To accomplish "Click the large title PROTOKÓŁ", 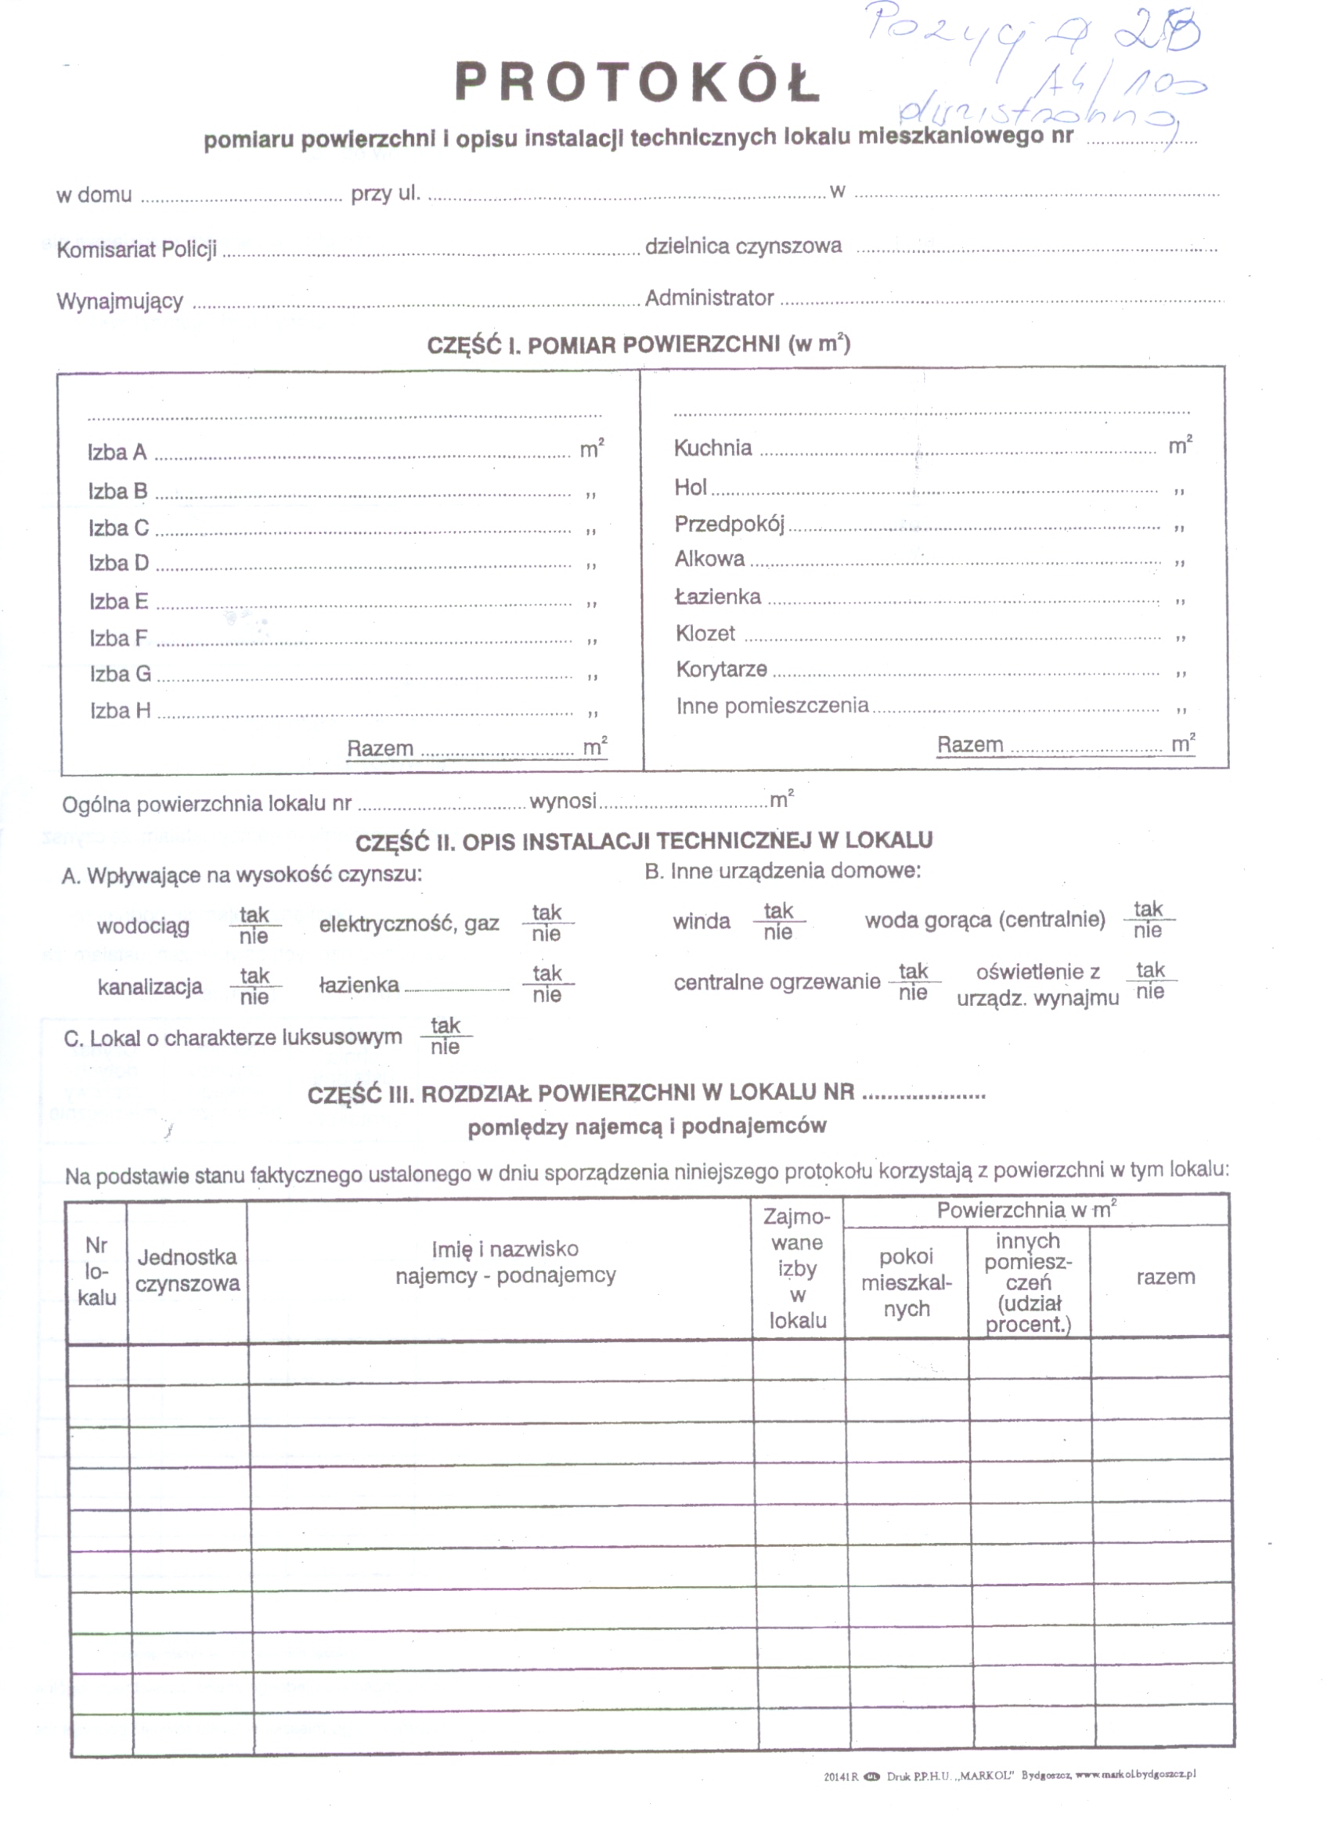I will tap(637, 81).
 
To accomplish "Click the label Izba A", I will tap(117, 453).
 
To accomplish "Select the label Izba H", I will tap(121, 711).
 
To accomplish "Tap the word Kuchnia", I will tap(712, 449).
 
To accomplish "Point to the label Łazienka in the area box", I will tap(718, 597).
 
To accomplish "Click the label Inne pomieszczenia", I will tap(772, 706).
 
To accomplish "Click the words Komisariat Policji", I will tap(136, 250).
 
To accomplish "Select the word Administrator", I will tap(709, 299).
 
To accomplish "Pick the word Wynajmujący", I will tap(120, 302).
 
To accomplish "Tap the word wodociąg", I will tap(143, 926).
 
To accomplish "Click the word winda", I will tap(701, 921).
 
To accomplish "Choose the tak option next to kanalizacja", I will tap(254, 976).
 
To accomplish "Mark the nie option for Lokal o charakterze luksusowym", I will tap(445, 1048).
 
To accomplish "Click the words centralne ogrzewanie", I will tap(777, 983).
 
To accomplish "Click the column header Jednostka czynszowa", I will tap(187, 1271).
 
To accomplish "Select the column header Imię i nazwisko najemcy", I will tap(505, 1262).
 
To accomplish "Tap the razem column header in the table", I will tap(1165, 1277).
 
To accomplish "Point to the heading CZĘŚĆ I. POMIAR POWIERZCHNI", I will tap(638, 346).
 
